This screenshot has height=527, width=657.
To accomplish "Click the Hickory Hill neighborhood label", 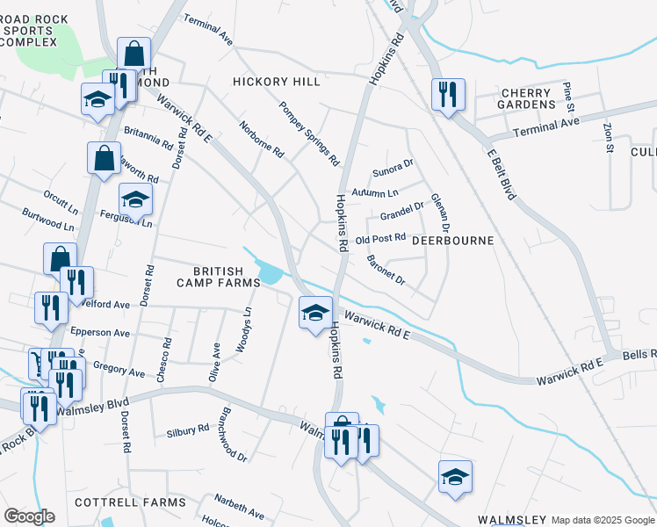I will pyautogui.click(x=277, y=82).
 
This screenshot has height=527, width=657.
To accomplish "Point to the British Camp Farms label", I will pyautogui.click(x=219, y=276).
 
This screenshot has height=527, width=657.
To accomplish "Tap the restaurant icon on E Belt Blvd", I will pyautogui.click(x=448, y=94).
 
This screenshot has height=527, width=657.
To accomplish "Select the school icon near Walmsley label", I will pyautogui.click(x=455, y=477).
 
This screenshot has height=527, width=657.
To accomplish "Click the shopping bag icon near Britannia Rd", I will pyautogui.click(x=104, y=159).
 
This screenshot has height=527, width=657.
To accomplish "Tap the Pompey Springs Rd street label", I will pyautogui.click(x=309, y=134).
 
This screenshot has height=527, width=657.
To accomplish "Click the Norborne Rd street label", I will pyautogui.click(x=262, y=139).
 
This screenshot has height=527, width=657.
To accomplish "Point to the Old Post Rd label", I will pyautogui.click(x=380, y=238).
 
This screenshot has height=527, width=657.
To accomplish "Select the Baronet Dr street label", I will pyautogui.click(x=386, y=270).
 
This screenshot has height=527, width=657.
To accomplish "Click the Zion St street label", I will pyautogui.click(x=608, y=137).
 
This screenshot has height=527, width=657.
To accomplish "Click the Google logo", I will pyautogui.click(x=29, y=516).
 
